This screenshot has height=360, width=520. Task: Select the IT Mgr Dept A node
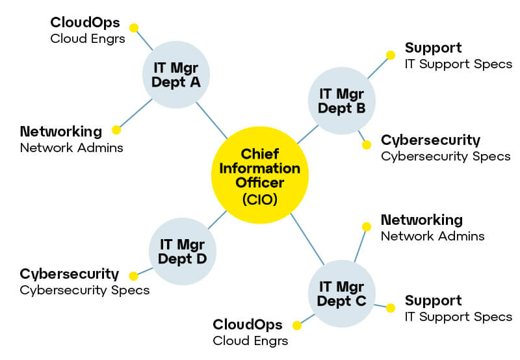(176, 74)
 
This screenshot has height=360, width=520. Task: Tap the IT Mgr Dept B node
(341, 101)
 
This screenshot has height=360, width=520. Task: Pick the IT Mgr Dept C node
(341, 292)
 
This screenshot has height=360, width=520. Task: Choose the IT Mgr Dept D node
(183, 251)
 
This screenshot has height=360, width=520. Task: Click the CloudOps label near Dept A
(85, 23)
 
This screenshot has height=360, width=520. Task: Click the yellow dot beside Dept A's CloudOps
(134, 28)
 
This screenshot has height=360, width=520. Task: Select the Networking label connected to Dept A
(61, 131)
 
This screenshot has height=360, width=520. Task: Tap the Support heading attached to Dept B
(433, 47)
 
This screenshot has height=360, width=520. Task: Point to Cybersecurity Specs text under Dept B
(445, 156)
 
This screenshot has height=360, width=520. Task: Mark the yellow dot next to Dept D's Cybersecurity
(134, 276)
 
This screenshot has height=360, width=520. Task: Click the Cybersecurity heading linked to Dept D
(70, 274)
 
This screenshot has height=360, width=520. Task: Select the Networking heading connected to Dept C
(421, 220)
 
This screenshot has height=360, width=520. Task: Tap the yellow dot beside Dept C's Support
(391, 307)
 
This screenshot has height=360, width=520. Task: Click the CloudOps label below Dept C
(248, 324)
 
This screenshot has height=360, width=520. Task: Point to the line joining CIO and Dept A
(211, 120)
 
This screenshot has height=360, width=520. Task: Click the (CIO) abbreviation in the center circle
(260, 200)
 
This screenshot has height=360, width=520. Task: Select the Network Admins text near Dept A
(71, 148)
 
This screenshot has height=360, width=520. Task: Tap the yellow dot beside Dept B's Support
(391, 55)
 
